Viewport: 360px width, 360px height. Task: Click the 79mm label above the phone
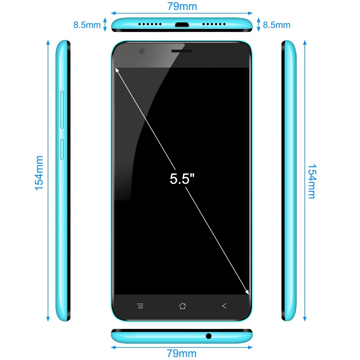(x=182, y=7)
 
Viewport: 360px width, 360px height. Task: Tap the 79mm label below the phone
(x=181, y=353)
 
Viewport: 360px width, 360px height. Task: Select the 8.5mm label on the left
(x=87, y=25)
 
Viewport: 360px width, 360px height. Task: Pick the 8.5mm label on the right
(x=277, y=25)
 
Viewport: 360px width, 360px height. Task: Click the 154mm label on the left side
(x=39, y=173)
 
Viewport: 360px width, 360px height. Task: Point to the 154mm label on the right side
(x=312, y=181)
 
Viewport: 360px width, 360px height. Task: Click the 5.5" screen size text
(x=182, y=179)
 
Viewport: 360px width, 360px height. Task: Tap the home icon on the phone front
(x=182, y=306)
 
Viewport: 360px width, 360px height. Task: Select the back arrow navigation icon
(x=224, y=306)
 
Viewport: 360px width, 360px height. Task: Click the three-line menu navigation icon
(x=140, y=306)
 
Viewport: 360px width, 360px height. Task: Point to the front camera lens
(x=142, y=51)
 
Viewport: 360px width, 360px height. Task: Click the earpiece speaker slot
(x=181, y=51)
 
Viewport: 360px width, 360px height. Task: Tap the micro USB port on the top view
(x=182, y=25)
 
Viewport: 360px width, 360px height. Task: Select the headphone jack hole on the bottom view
(x=208, y=336)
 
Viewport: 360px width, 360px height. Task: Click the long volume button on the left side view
(x=62, y=109)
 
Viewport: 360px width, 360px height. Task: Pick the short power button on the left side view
(x=62, y=149)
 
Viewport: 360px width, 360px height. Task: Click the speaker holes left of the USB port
(x=150, y=24)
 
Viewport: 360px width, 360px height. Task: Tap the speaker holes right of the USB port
(x=214, y=24)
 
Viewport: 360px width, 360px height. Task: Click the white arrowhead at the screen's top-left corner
(x=117, y=70)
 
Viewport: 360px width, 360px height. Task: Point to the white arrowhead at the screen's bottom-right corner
(x=247, y=292)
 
